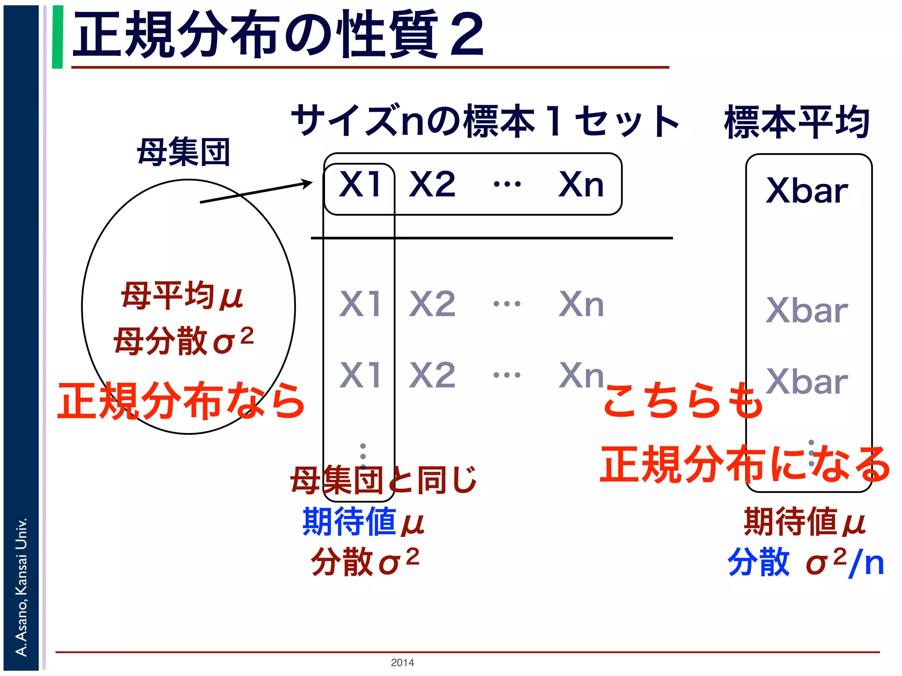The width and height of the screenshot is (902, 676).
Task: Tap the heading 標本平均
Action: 797,122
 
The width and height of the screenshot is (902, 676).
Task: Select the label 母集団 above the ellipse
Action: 184,152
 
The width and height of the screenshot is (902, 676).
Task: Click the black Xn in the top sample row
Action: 581,184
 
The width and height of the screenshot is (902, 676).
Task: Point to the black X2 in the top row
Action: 432,184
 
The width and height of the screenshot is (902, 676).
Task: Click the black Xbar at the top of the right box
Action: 806,191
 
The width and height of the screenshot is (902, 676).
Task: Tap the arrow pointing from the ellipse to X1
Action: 255,192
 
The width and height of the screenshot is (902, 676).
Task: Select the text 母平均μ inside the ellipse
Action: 182,295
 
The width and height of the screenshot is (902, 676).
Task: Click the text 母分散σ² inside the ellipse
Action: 184,340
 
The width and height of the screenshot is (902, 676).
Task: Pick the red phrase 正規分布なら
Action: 181,400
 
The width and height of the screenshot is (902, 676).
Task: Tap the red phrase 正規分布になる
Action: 744,464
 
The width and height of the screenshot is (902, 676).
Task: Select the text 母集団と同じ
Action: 384,480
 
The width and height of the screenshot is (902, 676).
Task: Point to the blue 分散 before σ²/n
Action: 758,562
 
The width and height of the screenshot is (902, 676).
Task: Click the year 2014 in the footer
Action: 402,662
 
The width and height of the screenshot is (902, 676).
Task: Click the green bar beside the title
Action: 57,37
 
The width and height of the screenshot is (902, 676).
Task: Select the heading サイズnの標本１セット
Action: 485,121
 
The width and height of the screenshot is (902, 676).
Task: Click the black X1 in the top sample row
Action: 360,184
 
